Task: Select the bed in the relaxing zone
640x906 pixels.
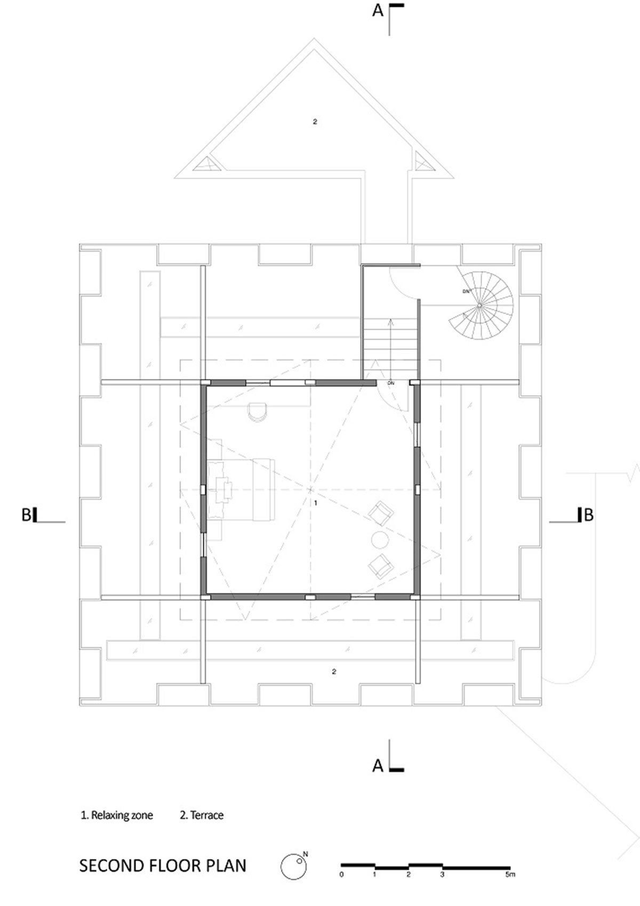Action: pos(241,490)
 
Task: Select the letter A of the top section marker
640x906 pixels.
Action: pos(378,11)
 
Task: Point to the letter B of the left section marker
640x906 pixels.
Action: pos(26,515)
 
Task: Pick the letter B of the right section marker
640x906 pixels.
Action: pos(589,515)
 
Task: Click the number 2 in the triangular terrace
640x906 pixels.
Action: pos(315,122)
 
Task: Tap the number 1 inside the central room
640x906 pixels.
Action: pos(316,503)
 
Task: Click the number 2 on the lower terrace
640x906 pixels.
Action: pos(334,672)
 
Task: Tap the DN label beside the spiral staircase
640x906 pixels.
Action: pos(466,291)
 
